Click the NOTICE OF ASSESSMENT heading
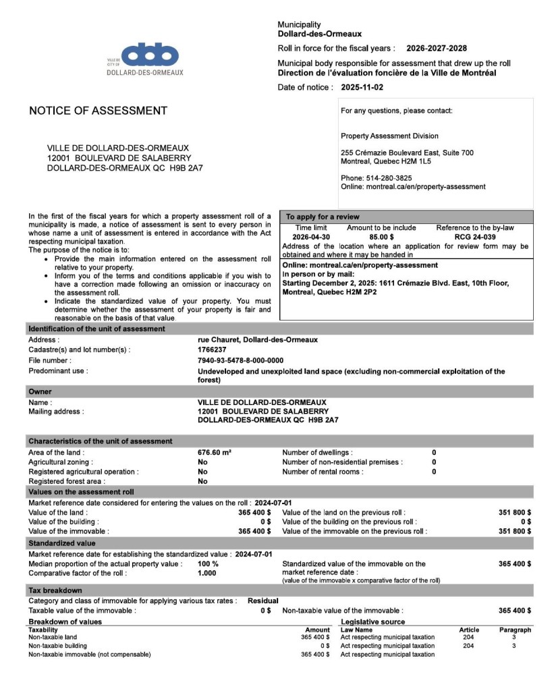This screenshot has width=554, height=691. pyautogui.click(x=98, y=111)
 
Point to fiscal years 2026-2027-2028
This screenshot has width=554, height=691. pyautogui.click(x=436, y=49)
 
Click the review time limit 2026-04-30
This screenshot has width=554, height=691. pyautogui.click(x=311, y=238)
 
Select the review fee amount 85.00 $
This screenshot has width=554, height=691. pyautogui.click(x=381, y=238)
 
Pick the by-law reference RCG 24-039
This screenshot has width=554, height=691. pyautogui.click(x=475, y=238)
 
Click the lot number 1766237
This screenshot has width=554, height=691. pyautogui.click(x=212, y=350)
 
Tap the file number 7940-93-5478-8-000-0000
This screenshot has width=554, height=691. pyautogui.click(x=240, y=360)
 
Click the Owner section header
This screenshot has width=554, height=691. pyautogui.click(x=40, y=391)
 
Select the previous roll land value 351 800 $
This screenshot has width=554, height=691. pyautogui.click(x=514, y=513)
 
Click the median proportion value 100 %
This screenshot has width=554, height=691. pyautogui.click(x=208, y=563)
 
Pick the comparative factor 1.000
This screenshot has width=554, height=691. pyautogui.click(x=207, y=573)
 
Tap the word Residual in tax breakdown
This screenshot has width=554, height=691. pyautogui.click(x=262, y=601)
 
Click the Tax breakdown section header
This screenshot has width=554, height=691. pyautogui.click(x=55, y=590)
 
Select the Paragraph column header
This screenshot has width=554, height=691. pyautogui.click(x=515, y=630)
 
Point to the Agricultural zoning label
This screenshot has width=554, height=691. pyautogui.click(x=61, y=462)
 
